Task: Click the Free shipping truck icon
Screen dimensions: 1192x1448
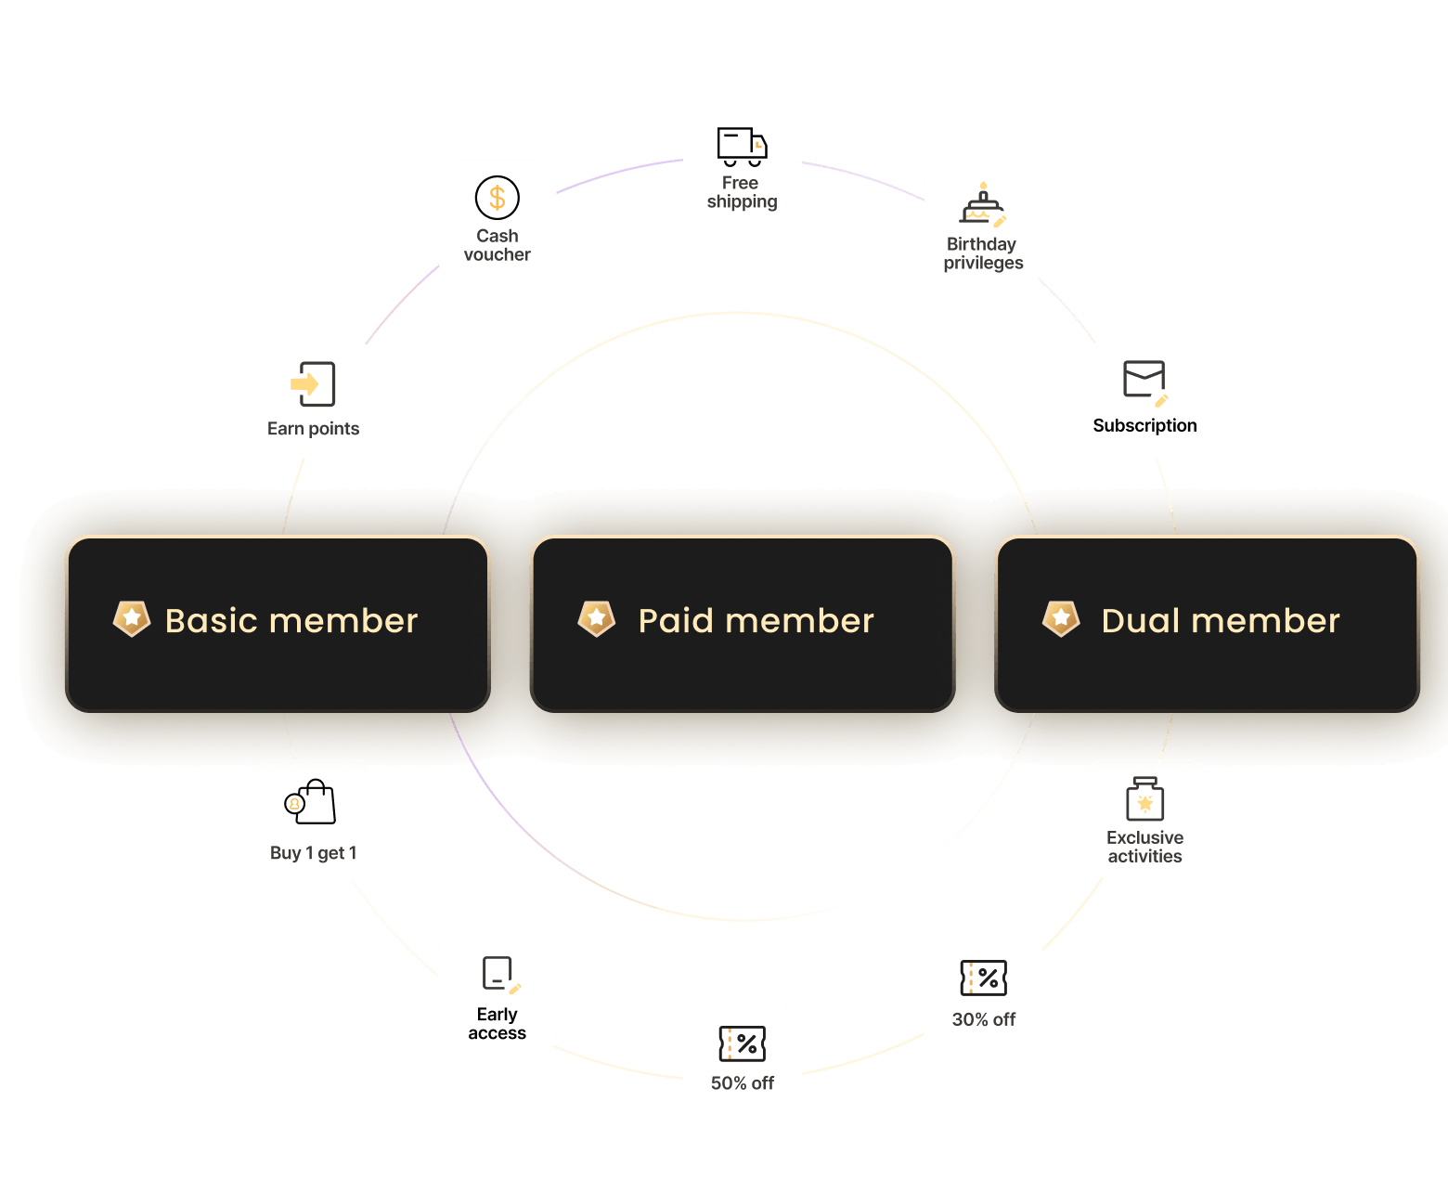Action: click(742, 147)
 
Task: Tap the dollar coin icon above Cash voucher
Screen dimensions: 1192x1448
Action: click(498, 198)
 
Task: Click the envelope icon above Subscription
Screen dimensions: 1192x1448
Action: click(1144, 381)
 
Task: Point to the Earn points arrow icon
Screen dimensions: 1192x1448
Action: click(313, 384)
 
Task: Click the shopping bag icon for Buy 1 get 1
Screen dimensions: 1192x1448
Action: click(311, 802)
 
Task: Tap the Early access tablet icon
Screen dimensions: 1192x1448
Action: click(499, 974)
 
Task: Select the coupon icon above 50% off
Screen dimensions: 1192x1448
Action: click(742, 1043)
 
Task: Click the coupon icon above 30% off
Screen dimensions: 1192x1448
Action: click(983, 978)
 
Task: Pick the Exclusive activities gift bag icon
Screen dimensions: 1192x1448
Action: click(1144, 799)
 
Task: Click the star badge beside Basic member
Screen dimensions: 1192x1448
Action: click(132, 618)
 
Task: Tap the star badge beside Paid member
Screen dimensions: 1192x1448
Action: click(596, 618)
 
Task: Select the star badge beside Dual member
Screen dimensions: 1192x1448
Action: click(1061, 618)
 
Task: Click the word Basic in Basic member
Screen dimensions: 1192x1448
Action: click(211, 621)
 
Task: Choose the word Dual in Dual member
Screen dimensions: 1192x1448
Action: click(1140, 621)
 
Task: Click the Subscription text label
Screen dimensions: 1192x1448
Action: click(1144, 426)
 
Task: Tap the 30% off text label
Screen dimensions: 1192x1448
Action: click(983, 1019)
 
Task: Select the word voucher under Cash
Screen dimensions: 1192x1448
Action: click(498, 255)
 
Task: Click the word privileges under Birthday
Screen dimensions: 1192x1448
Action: click(983, 264)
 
